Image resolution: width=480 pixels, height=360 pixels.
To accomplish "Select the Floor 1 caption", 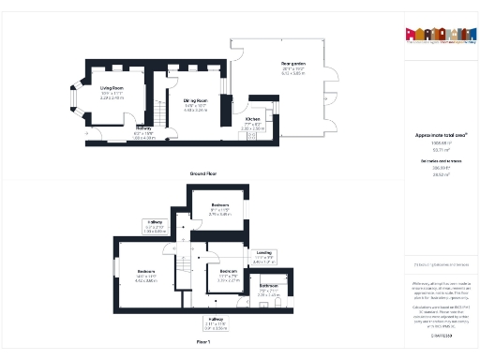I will pos(202,343).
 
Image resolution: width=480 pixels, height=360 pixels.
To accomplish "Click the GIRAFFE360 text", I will pos(441,334).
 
